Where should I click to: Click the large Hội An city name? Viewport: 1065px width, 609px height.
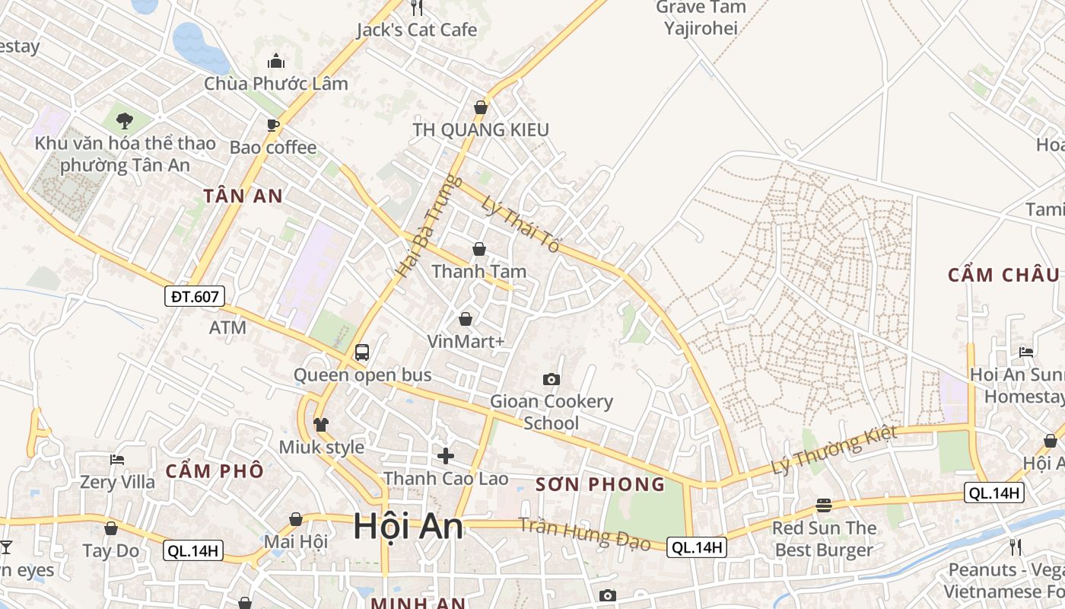tap(409, 527)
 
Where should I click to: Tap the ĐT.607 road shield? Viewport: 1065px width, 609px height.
tap(195, 296)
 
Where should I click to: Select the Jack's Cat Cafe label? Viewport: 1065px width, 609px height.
tap(417, 30)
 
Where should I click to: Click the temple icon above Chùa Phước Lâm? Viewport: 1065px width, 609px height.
tap(276, 61)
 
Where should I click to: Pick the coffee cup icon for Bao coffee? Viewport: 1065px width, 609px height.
tap(273, 125)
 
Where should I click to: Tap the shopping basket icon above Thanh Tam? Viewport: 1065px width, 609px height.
tap(479, 249)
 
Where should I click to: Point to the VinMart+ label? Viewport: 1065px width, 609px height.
tap(466, 341)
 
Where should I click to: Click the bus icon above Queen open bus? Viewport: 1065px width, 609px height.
tap(362, 352)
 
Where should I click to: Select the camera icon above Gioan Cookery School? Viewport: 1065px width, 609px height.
tap(552, 379)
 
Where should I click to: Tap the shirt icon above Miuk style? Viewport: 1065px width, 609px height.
tap(321, 425)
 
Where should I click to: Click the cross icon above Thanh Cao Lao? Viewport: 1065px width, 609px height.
tap(446, 456)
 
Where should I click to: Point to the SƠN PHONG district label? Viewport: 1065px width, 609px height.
tap(600, 484)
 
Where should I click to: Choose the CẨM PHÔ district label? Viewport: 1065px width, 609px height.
tap(215, 470)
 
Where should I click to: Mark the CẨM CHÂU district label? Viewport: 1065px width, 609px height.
tap(1003, 275)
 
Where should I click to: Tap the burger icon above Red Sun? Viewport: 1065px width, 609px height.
tap(824, 505)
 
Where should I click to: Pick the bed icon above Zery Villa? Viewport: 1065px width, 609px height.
tap(117, 460)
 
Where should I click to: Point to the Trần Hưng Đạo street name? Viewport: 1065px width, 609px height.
tap(584, 533)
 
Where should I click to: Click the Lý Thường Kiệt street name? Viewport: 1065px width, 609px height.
tap(835, 449)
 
